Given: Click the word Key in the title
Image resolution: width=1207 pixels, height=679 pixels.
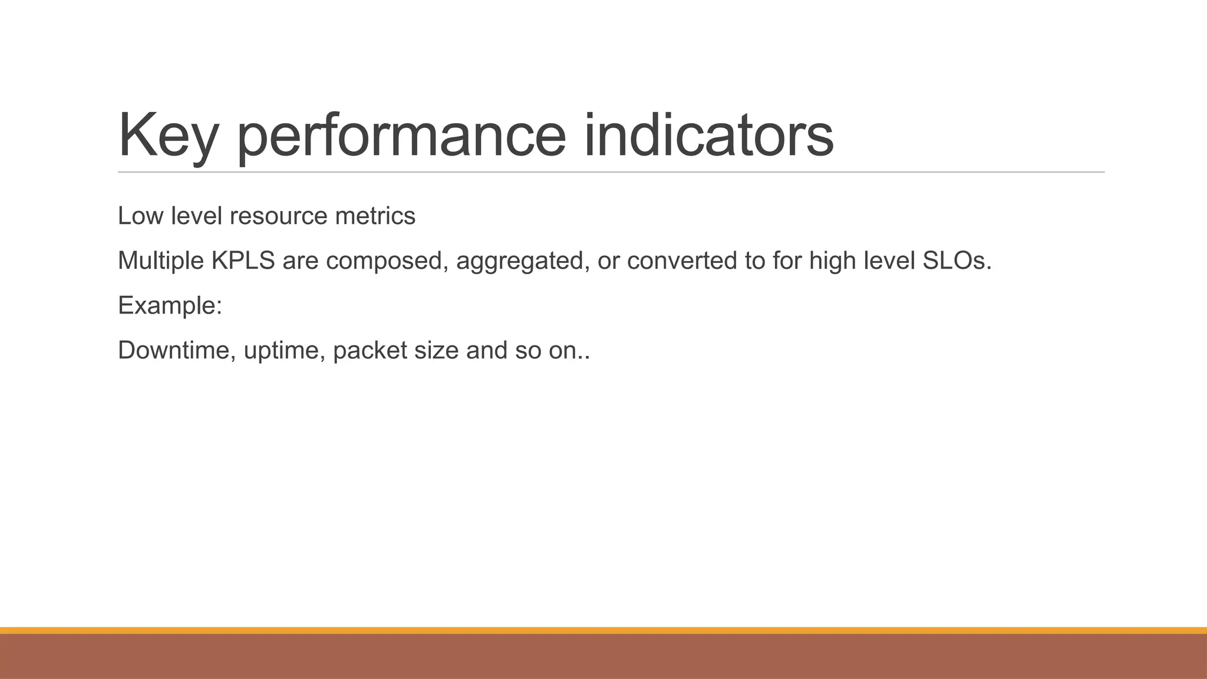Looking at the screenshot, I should pyautogui.click(x=168, y=136).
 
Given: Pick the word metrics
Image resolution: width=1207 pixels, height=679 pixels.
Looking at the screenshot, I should pyautogui.click(x=375, y=216).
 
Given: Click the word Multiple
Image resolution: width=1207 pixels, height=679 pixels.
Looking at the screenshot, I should pyautogui.click(x=160, y=261).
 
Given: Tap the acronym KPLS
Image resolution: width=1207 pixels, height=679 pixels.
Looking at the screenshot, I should pyautogui.click(x=243, y=261).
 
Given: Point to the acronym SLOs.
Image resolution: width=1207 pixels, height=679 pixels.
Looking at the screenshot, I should pyautogui.click(x=957, y=261).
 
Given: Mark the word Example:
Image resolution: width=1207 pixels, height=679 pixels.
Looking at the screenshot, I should pyautogui.click(x=170, y=306).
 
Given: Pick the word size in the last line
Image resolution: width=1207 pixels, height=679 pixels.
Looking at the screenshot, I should pyautogui.click(x=436, y=350).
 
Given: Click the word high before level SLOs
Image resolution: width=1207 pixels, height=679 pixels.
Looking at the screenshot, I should pyautogui.click(x=832, y=261).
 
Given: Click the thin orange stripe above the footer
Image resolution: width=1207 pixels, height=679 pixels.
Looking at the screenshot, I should pyautogui.click(x=603, y=630).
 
